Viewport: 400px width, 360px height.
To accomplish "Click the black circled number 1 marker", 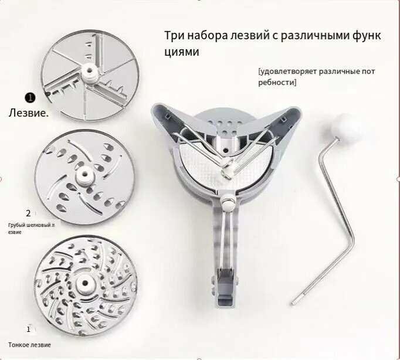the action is pos(30,98).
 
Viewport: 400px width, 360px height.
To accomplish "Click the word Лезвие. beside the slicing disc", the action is pos(29,113).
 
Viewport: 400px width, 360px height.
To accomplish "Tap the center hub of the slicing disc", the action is pos(90,72).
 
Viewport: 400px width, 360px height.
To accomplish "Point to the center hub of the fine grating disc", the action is pos(84,283).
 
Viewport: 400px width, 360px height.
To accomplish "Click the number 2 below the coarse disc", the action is pos(28,213).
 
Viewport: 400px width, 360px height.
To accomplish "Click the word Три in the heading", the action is pos(174,35).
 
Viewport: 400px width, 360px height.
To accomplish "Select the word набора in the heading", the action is pos(208,35).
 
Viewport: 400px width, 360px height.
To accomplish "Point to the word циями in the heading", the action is pos(181,52).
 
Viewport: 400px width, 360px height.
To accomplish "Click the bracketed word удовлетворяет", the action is pos(287,72).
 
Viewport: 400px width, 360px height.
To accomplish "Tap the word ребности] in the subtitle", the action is pos(277,83).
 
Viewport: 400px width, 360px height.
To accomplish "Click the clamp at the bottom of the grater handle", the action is pos(225,286).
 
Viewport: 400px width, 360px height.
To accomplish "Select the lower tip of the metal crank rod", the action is pos(293,303).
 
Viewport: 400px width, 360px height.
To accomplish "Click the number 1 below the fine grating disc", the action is pos(28,329).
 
